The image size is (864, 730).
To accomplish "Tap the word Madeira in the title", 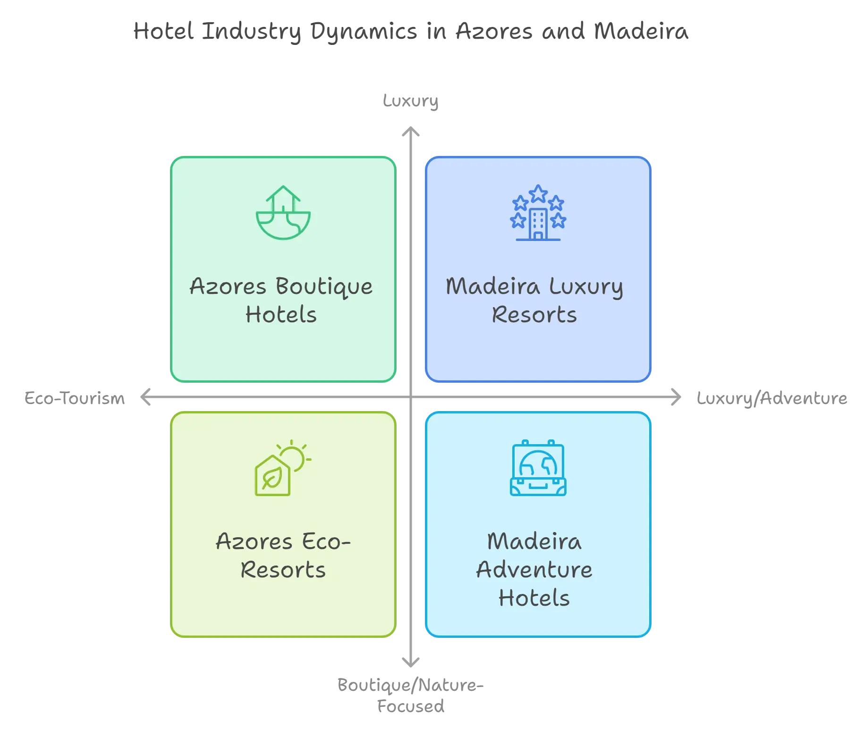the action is [x=641, y=31].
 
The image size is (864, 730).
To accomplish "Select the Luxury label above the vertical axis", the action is [x=411, y=101].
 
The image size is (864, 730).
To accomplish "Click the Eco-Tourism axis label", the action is [x=75, y=398].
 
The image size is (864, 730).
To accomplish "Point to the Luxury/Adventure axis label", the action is [x=772, y=398].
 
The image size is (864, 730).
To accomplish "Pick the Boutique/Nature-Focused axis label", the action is [x=411, y=695].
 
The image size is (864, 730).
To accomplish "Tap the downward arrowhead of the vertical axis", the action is [x=411, y=661].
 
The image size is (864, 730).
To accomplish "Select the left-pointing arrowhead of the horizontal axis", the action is [x=145, y=397].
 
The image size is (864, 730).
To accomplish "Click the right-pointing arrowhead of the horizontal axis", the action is [x=676, y=397].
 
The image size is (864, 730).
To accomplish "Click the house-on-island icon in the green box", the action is [x=283, y=212].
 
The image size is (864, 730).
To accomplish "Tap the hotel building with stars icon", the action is [x=538, y=213].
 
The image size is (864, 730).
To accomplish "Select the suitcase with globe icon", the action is [x=538, y=468].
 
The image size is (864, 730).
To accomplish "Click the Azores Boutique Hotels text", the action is [x=281, y=301].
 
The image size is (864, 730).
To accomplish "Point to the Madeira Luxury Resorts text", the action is [x=534, y=301].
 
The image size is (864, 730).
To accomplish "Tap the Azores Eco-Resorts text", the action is [x=283, y=556].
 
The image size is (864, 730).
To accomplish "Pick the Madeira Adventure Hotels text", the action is [x=534, y=569].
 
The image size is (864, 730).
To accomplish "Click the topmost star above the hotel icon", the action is [x=538, y=193].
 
